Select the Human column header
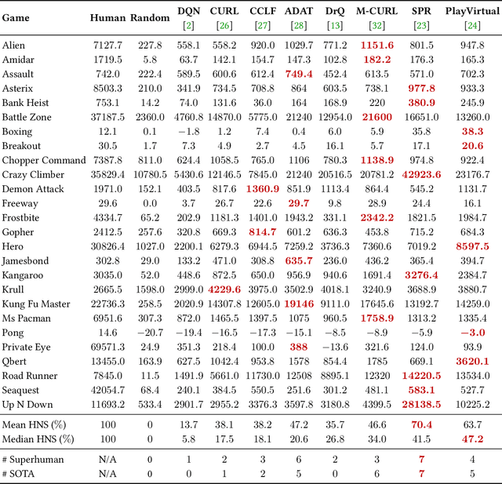(107, 17)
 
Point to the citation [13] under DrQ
(335, 25)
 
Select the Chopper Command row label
(44, 160)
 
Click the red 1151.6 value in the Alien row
(377, 45)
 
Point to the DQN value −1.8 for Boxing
(187, 132)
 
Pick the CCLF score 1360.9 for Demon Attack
(262, 189)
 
